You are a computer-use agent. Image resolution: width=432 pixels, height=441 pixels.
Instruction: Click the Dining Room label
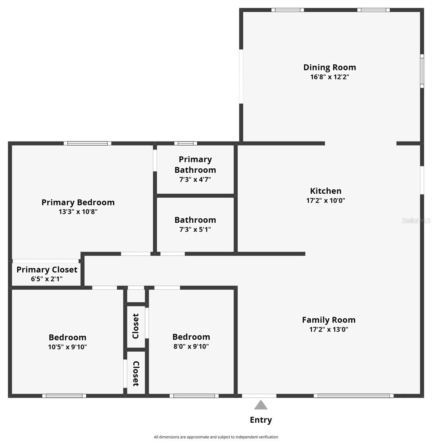tap(329, 67)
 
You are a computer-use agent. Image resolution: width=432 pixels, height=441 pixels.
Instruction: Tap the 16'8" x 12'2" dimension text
tap(329, 77)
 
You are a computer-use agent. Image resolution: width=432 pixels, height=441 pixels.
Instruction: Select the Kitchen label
tap(326, 191)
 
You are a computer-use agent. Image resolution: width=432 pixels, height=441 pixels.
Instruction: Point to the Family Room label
tap(329, 320)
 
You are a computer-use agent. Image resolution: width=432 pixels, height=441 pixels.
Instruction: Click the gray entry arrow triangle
tap(261, 405)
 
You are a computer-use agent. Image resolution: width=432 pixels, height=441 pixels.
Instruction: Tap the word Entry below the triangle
tap(261, 420)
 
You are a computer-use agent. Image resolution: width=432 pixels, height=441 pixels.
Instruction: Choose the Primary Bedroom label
tap(78, 202)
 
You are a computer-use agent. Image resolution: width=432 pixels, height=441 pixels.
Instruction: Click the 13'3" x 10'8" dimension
tap(78, 212)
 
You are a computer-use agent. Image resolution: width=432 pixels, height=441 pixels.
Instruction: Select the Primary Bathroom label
tap(195, 164)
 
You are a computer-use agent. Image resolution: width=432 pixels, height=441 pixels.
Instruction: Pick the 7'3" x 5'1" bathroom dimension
tap(195, 230)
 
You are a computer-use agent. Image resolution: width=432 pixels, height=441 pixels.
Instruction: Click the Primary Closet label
tap(47, 269)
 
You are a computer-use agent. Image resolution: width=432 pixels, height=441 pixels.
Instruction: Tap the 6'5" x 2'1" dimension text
tap(47, 279)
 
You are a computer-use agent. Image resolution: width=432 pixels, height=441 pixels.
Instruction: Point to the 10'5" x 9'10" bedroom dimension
tap(67, 347)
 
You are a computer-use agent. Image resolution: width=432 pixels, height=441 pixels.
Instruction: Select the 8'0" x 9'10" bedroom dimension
tap(191, 346)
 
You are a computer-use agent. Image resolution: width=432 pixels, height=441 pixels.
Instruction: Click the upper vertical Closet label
tap(136, 326)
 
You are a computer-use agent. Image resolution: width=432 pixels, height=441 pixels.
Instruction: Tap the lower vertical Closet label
tap(136, 373)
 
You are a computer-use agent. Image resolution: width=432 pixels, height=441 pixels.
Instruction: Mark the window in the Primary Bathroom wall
tap(185, 143)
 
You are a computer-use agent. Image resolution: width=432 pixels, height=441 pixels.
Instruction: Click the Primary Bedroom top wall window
tap(88, 143)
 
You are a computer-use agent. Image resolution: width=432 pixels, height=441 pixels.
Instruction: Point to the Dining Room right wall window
tap(422, 71)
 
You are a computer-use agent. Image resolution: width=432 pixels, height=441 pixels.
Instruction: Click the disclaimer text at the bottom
tap(216, 437)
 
